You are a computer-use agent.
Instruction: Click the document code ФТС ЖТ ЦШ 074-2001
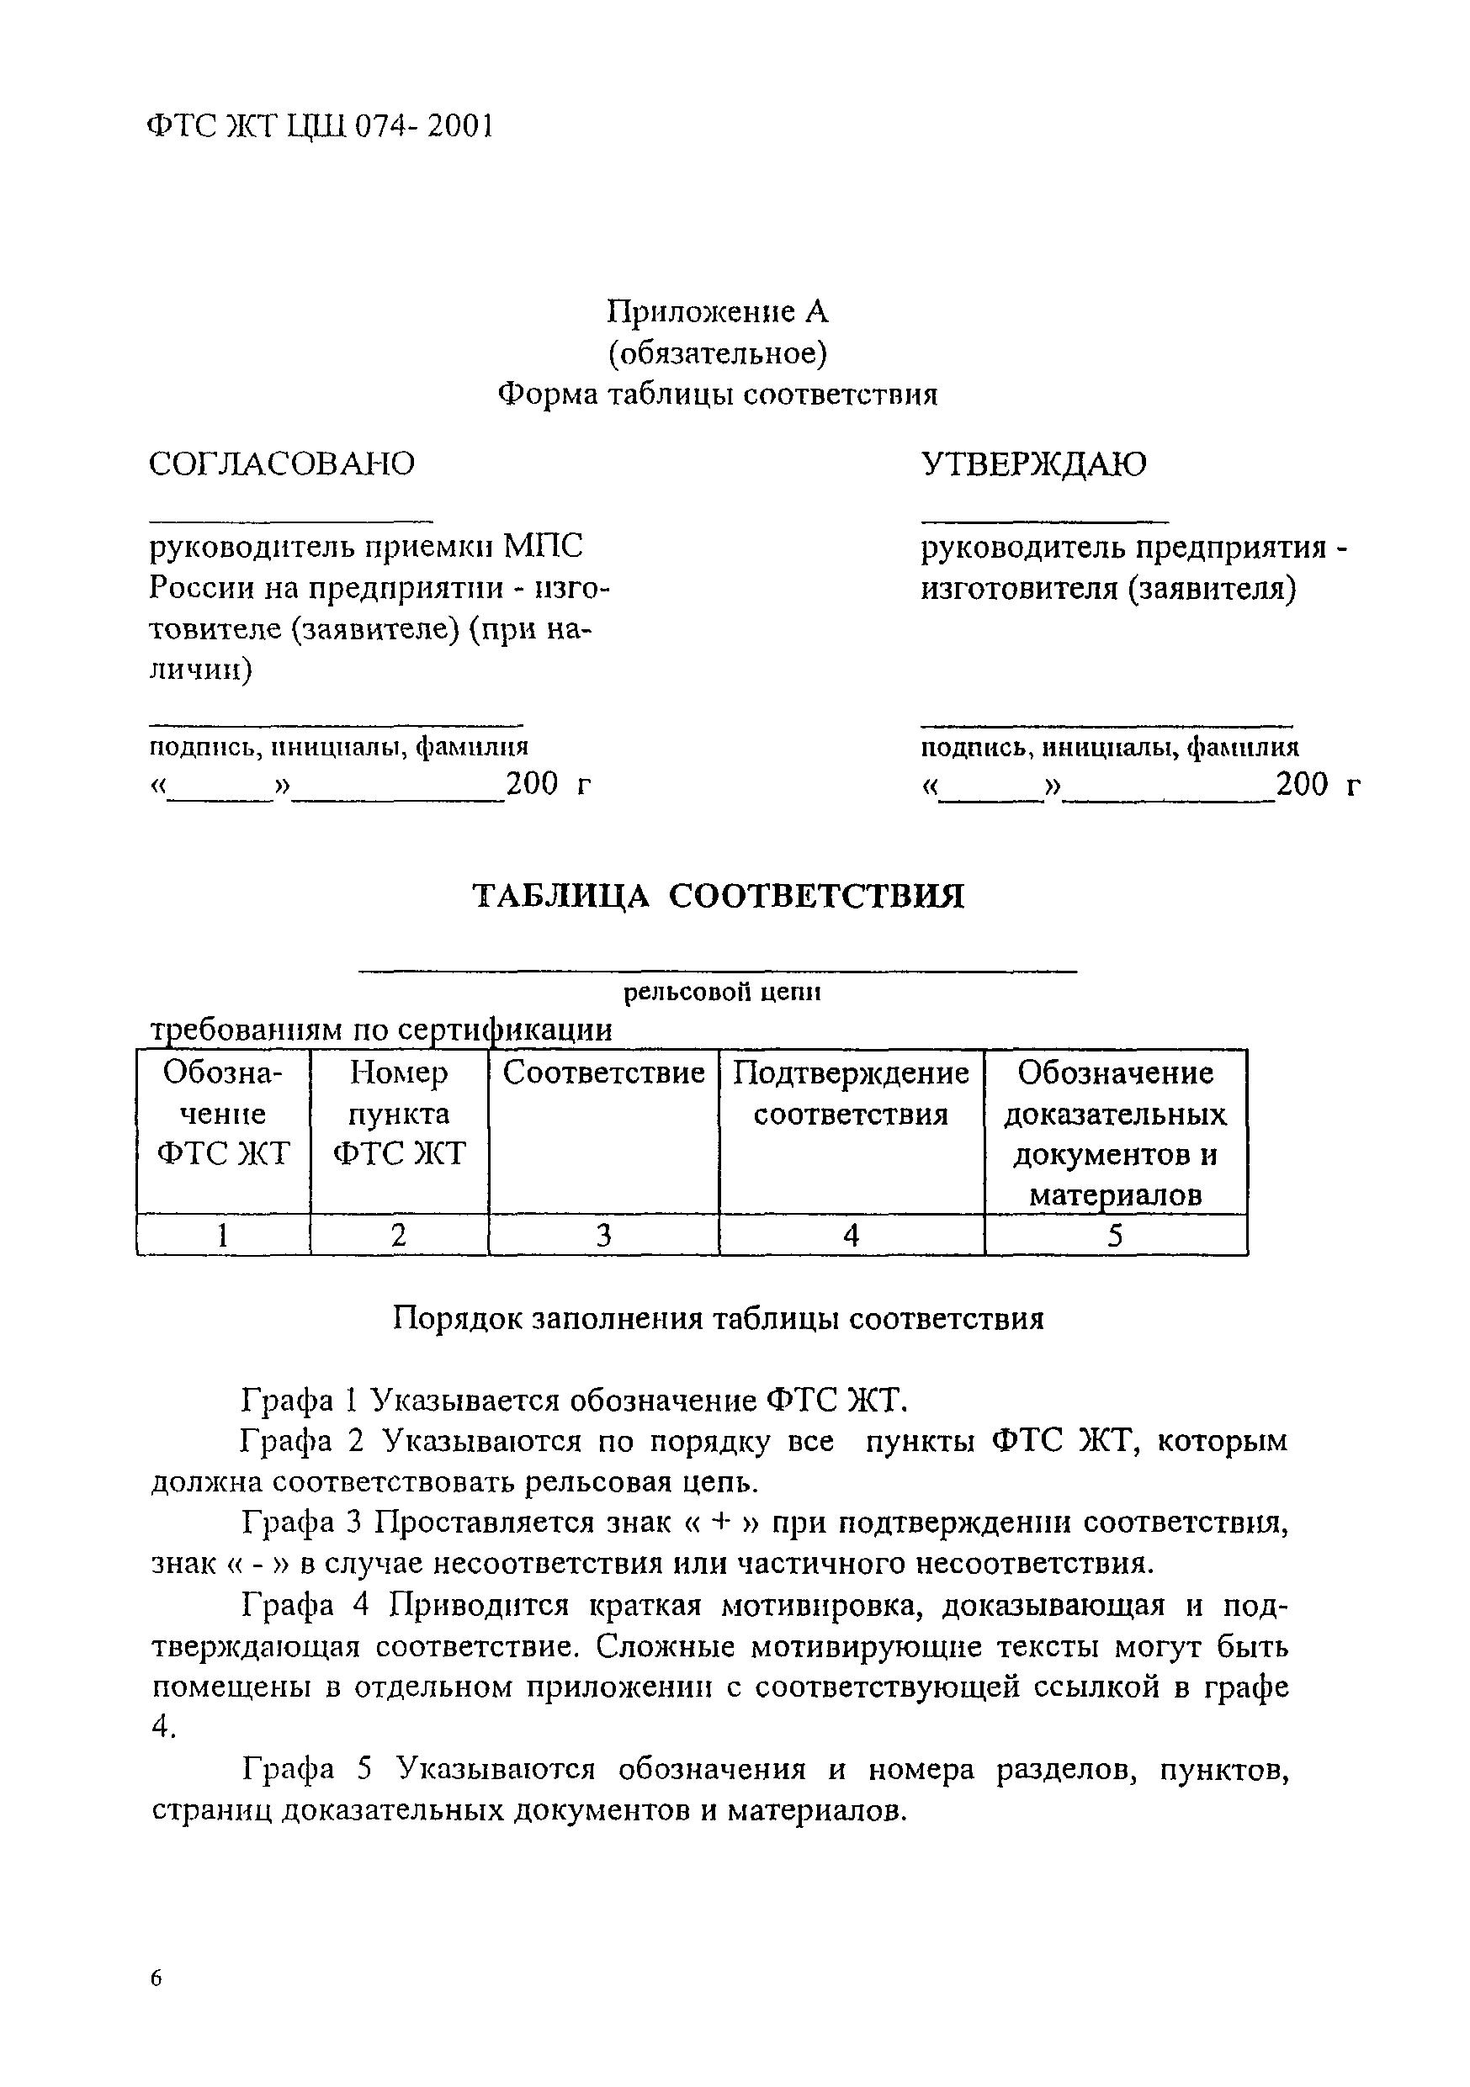(319, 126)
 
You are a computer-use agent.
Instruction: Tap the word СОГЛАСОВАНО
(281, 463)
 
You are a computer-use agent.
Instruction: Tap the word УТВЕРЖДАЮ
(1033, 463)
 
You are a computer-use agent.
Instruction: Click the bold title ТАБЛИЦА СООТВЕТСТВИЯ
(719, 896)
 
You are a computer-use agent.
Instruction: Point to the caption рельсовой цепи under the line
(722, 993)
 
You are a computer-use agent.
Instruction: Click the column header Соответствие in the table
(603, 1073)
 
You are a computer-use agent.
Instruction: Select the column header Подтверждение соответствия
(851, 1093)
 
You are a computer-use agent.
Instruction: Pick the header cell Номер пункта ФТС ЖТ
(399, 1113)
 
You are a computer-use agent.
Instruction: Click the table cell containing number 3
(603, 1234)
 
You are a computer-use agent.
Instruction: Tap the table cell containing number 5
(1116, 1234)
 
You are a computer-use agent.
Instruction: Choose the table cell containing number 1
(223, 1234)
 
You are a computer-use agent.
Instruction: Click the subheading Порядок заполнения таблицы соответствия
(719, 1318)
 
